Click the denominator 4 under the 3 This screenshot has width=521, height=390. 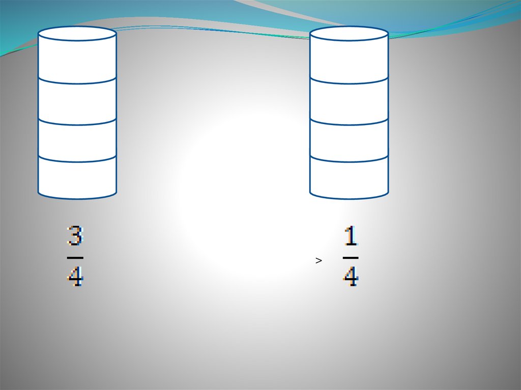75,277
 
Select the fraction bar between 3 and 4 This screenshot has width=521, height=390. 75,258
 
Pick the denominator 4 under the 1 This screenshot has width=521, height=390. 351,277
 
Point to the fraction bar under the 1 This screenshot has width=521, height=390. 351,258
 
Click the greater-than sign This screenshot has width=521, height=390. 319,261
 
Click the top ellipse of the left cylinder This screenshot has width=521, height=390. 77,34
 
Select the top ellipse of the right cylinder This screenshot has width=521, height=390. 349,34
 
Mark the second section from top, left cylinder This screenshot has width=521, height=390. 77,102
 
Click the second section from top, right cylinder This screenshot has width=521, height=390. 349,102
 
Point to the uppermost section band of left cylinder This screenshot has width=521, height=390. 77,61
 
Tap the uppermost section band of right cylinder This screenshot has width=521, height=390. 349,61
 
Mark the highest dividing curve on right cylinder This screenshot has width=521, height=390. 349,83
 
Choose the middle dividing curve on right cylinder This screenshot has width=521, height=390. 349,125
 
